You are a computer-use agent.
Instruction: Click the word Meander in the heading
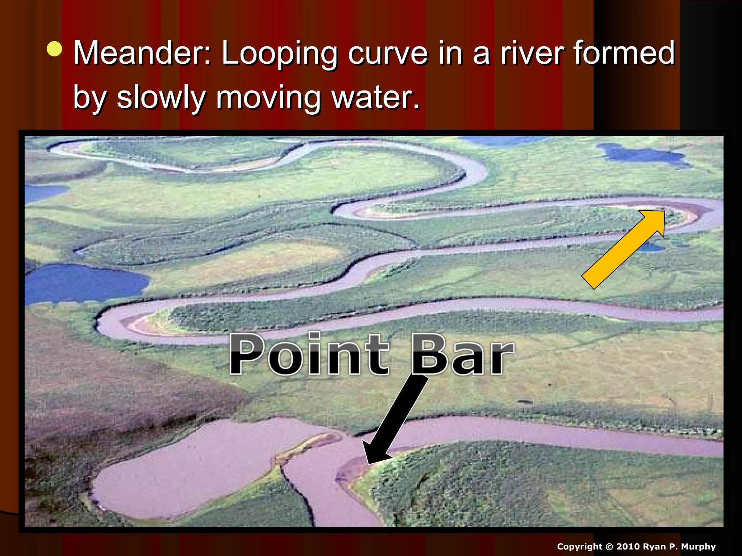point(141,53)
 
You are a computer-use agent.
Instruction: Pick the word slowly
point(161,98)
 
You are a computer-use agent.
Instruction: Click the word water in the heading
point(375,98)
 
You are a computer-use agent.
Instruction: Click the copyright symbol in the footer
point(609,547)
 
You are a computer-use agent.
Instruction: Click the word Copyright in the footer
point(579,547)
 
